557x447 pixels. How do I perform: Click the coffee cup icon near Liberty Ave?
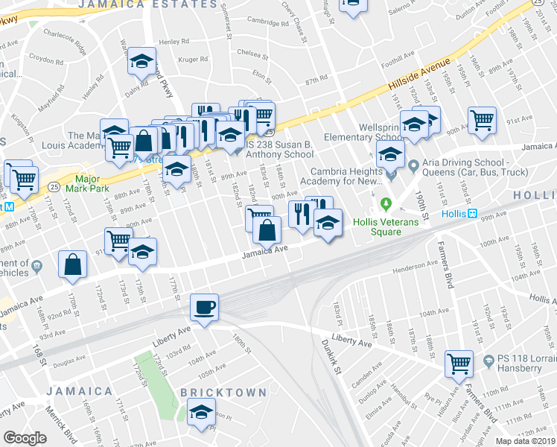[204, 306]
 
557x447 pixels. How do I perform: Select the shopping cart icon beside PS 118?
[459, 364]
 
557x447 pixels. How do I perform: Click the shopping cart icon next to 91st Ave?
[483, 118]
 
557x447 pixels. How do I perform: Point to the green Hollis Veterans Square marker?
[386, 203]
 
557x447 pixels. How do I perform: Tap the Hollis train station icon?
[472, 213]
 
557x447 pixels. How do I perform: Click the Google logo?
[25, 438]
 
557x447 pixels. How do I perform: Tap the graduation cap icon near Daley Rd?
[141, 63]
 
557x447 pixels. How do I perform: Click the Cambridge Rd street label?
[267, 22]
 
